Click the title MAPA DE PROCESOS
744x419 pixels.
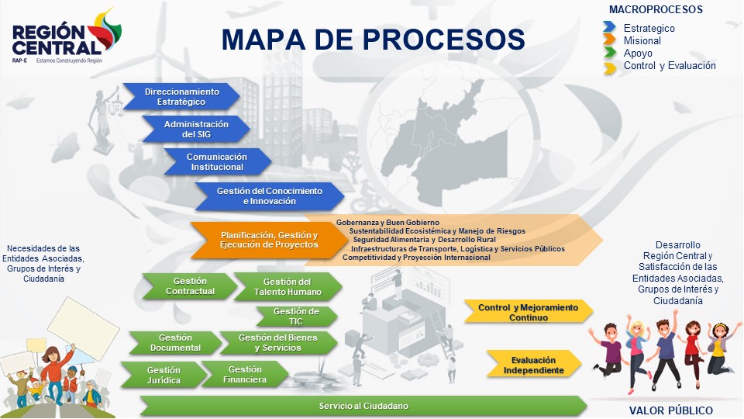(x=373, y=39)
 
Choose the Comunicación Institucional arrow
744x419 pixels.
(x=216, y=161)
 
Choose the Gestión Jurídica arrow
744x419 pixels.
(x=164, y=375)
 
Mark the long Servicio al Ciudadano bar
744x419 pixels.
(x=363, y=406)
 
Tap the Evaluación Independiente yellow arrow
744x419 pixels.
(x=534, y=365)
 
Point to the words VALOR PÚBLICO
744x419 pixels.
(x=671, y=411)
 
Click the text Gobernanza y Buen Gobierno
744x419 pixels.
(x=388, y=223)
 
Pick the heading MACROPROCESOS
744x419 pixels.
(x=656, y=10)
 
